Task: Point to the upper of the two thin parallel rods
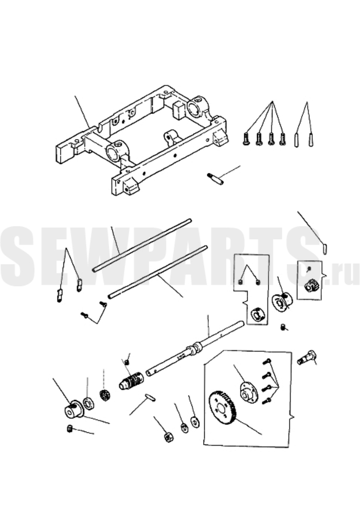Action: click(x=141, y=245)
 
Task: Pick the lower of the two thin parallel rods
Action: click(x=158, y=271)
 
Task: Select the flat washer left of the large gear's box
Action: click(x=195, y=422)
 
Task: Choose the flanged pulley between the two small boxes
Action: click(x=281, y=302)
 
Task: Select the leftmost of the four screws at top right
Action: click(x=245, y=139)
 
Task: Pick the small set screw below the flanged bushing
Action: click(x=69, y=429)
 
